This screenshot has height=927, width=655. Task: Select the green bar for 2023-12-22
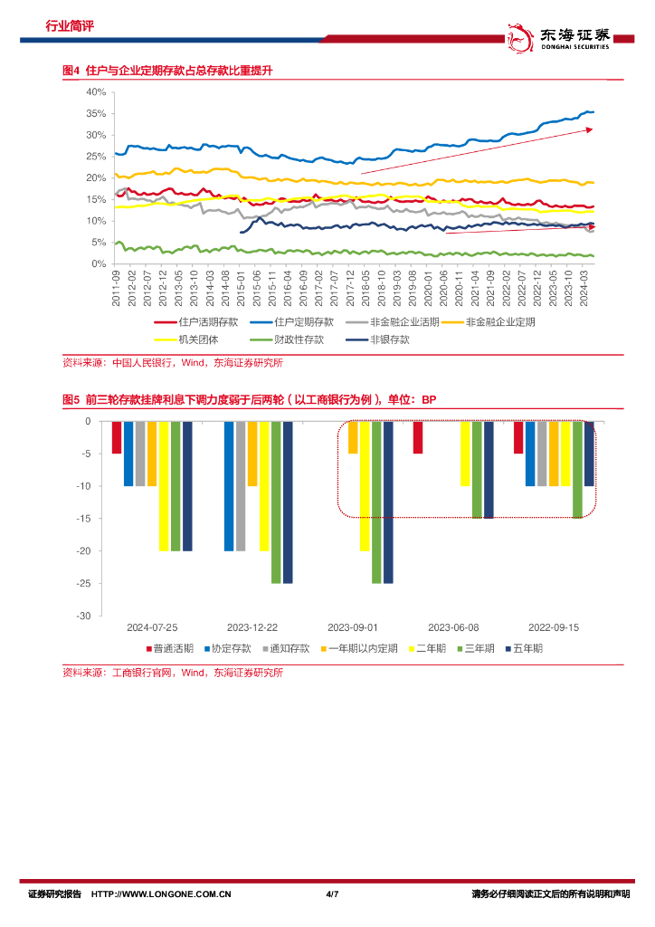coord(276,502)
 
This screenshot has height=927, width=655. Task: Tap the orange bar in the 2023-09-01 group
coord(353,437)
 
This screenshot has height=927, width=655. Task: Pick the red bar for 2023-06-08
coord(417,437)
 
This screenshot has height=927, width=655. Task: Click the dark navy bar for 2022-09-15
coord(588,454)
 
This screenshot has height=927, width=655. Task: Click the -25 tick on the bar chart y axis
coord(85,583)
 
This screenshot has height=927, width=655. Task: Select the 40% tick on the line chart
coord(97,92)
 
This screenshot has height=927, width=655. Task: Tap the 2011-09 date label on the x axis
coord(117,287)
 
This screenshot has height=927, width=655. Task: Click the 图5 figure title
coord(249,399)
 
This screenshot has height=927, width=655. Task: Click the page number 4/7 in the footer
coord(331,894)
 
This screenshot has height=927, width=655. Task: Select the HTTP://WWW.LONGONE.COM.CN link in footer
coord(163,894)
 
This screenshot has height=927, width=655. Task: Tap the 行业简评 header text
coord(70,26)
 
